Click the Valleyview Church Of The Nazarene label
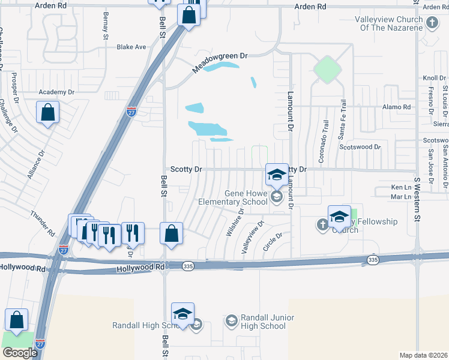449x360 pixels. pos(388,23)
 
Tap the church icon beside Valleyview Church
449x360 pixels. pos(432,23)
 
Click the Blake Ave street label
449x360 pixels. pos(131,47)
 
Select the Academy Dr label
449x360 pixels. pos(56,92)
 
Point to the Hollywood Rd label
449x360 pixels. pos(23,268)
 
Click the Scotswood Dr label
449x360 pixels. pos(360,146)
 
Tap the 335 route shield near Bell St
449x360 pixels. pos(188,266)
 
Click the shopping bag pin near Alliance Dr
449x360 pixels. pos(47,112)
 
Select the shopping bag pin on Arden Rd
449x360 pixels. pos(188,16)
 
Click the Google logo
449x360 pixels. pos(20,353)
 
